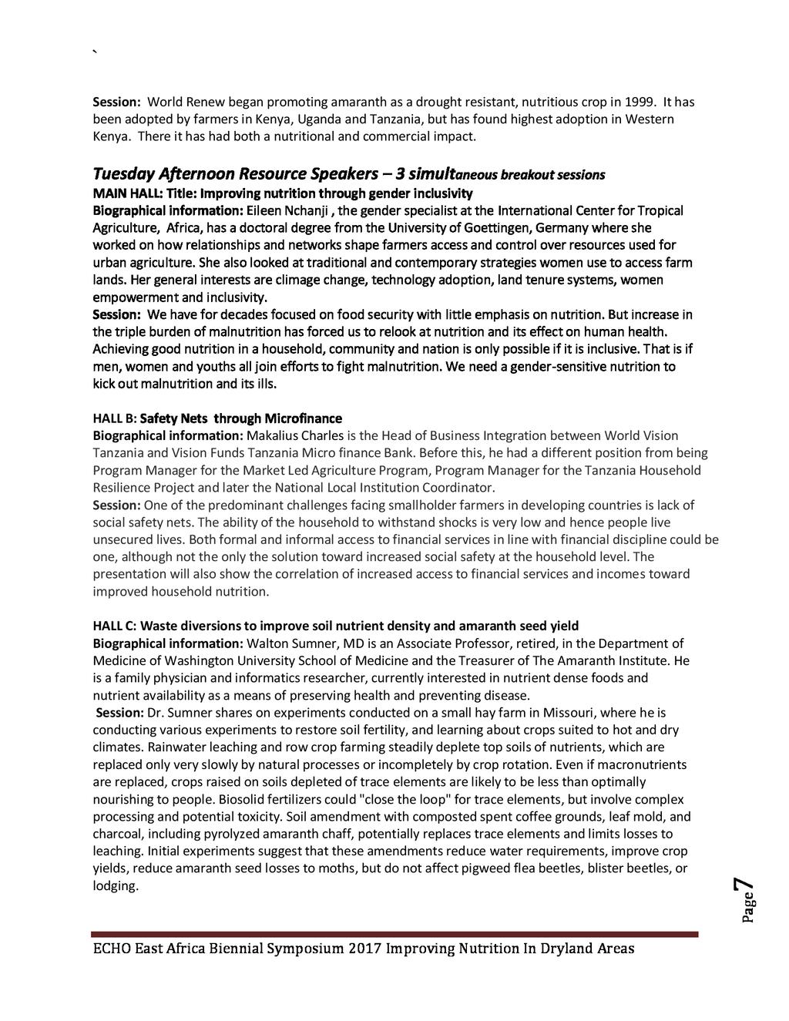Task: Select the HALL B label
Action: pos(114,418)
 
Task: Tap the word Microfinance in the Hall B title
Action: pos(303,418)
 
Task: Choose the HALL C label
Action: pos(114,626)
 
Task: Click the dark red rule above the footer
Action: pos(394,934)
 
